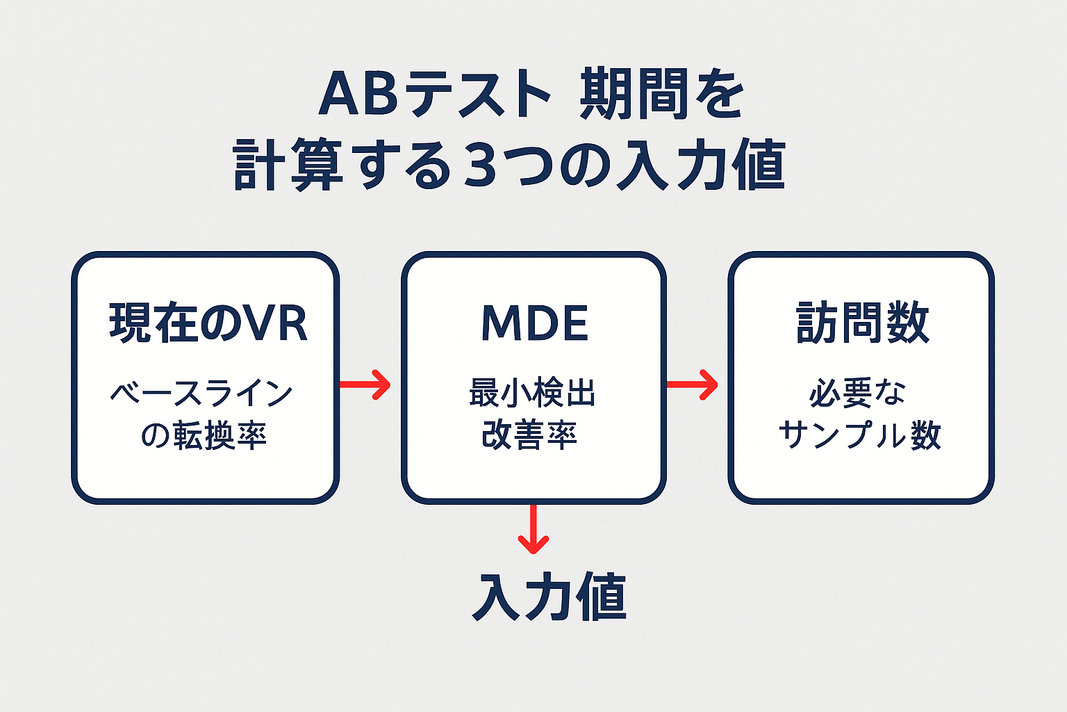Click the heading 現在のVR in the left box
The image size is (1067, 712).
(208, 323)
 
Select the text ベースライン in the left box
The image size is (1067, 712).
(202, 394)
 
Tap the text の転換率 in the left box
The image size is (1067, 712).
(204, 436)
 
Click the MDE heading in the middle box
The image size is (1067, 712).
(534, 323)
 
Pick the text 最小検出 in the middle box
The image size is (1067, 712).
(533, 394)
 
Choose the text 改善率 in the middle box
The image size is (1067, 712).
(530, 435)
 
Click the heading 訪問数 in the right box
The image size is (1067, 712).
(862, 323)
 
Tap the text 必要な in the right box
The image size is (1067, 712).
(858, 394)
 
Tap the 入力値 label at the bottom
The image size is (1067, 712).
(549, 597)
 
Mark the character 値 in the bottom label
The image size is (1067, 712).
(602, 597)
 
